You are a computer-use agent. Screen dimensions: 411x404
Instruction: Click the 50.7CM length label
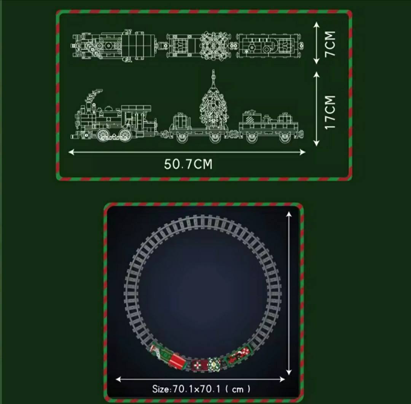(x=188, y=164)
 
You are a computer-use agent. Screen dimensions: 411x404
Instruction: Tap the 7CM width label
(x=330, y=43)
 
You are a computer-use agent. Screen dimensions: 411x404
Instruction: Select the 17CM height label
(x=330, y=112)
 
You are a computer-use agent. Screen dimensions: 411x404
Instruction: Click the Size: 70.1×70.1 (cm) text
(x=201, y=389)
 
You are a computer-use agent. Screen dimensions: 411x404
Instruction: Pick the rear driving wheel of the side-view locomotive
(x=125, y=134)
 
